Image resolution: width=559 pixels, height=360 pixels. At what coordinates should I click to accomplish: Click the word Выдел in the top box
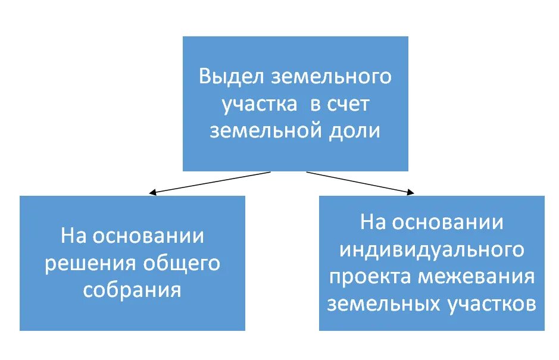click(x=230, y=77)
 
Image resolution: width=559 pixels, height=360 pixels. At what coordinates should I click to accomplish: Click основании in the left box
click(x=149, y=237)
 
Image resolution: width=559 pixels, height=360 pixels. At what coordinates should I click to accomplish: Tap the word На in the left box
click(x=74, y=237)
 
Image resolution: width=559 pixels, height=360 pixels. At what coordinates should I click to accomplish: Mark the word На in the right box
click(x=374, y=223)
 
